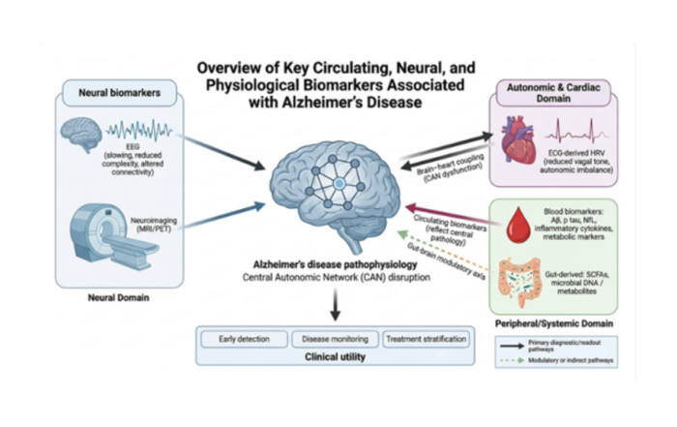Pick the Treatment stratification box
tap(426, 339)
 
